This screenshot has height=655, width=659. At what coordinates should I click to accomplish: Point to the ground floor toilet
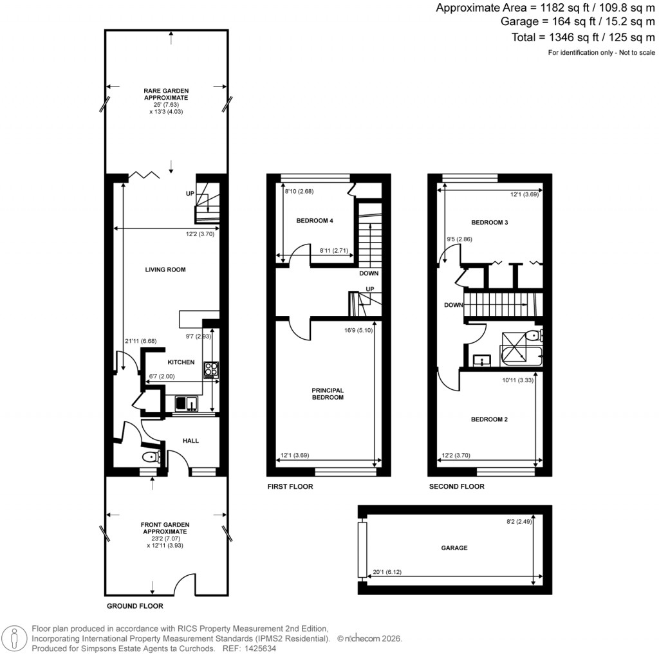[x=151, y=457]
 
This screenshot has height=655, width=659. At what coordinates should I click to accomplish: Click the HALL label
[x=190, y=441]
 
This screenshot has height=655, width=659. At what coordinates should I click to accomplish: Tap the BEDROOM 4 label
[x=315, y=221]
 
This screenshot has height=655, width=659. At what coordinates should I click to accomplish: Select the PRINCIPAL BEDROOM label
[x=329, y=394]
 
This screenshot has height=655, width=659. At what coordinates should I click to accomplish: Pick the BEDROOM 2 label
[x=489, y=420]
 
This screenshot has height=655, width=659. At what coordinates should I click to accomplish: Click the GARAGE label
[x=454, y=548]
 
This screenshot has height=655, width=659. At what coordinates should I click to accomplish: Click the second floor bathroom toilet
[x=534, y=335]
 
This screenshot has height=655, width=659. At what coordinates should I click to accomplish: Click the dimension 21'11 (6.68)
[x=140, y=341]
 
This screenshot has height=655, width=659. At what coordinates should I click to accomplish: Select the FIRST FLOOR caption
[x=290, y=487]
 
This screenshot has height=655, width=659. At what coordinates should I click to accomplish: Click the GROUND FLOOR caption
[x=135, y=606]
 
